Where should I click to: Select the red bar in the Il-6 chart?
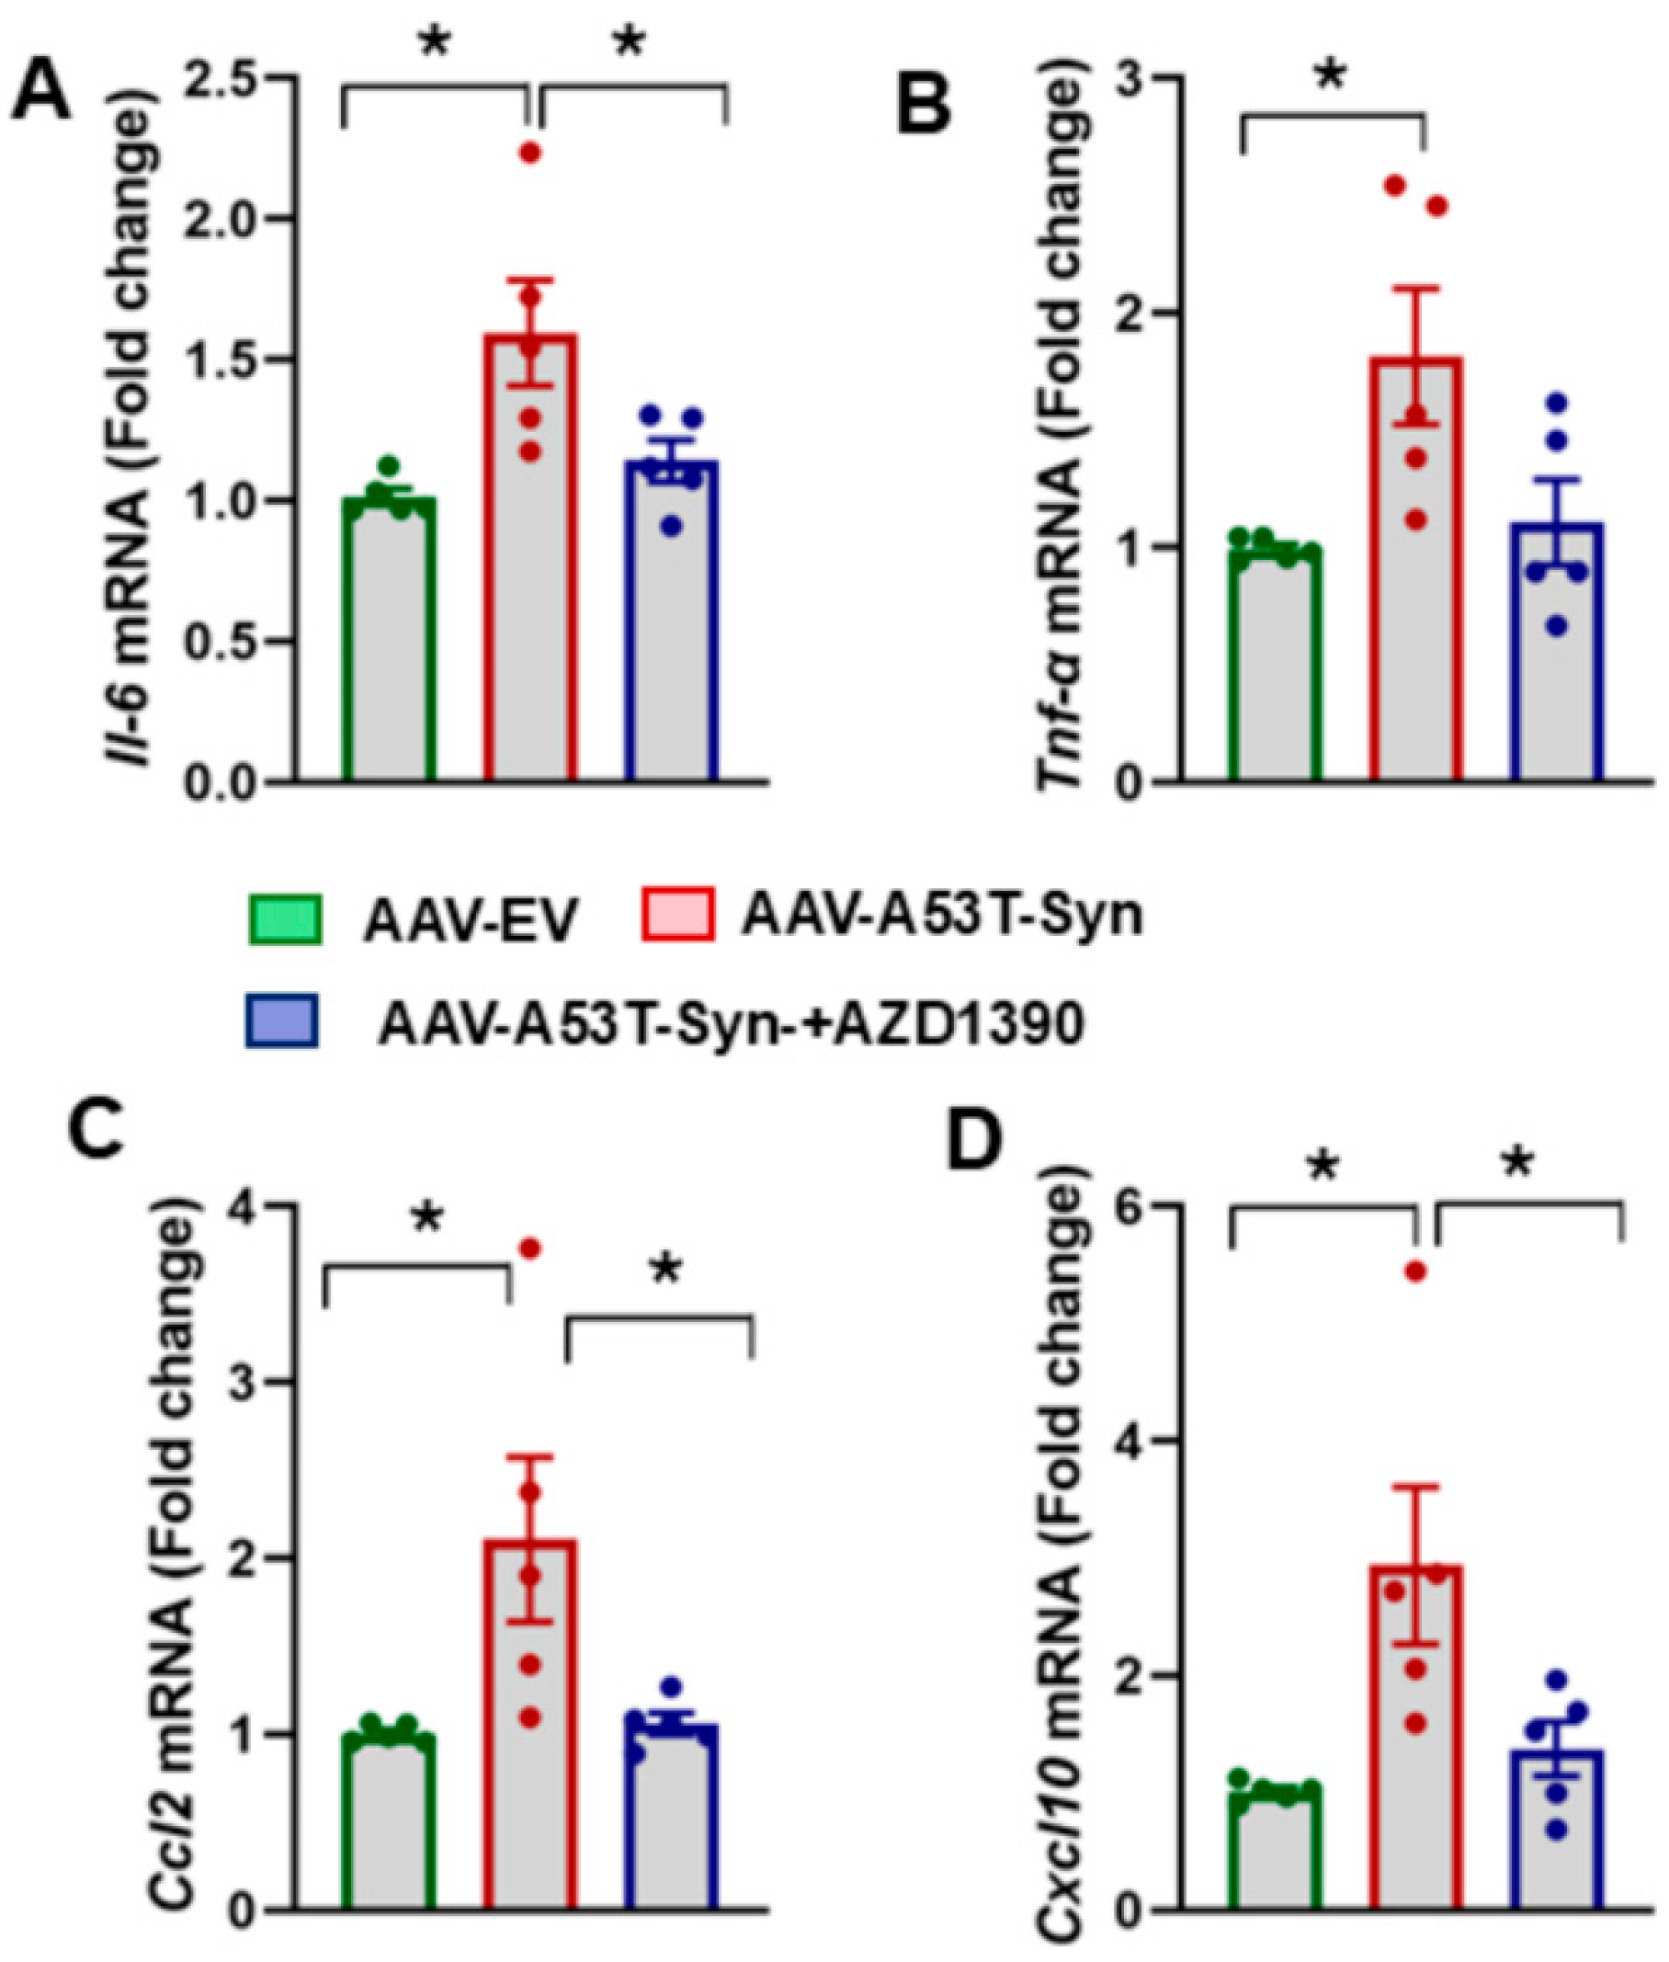[530, 568]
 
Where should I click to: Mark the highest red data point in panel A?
[530, 153]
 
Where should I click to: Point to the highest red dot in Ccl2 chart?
[530, 1249]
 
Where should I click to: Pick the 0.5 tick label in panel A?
[219, 642]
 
